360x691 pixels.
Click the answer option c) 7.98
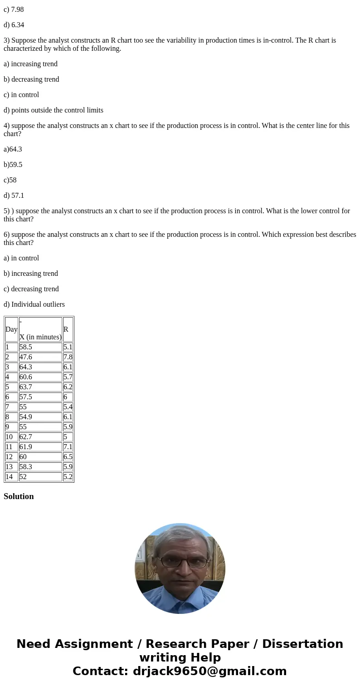coord(14,10)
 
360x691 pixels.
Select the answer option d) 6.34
coord(14,25)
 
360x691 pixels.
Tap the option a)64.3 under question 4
coord(13,149)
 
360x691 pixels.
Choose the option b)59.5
coord(13,165)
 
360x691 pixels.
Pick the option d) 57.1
coord(14,196)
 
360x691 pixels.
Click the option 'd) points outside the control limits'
coord(54,110)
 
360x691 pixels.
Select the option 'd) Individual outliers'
coord(34,304)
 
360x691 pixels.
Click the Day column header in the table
coord(11,329)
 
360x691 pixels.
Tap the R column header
coord(66,329)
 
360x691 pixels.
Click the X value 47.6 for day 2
coord(26,357)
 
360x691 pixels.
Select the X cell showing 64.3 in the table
coord(26,367)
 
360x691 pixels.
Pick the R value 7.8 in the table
coord(68,357)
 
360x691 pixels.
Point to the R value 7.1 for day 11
coord(68,447)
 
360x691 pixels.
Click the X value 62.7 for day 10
coord(26,437)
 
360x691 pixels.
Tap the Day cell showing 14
coord(10,477)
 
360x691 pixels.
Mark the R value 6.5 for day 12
coord(68,457)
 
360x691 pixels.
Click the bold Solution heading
coord(19,496)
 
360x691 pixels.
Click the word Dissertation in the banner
coord(302,644)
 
